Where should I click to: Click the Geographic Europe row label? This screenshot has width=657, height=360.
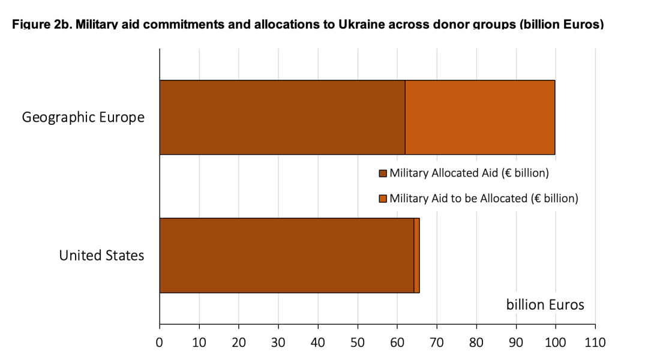[x=83, y=117]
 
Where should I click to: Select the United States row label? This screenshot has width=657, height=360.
[x=101, y=256]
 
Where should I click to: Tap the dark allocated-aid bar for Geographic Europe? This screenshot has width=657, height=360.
[x=282, y=117]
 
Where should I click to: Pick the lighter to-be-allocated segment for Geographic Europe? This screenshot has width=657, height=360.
[x=480, y=117]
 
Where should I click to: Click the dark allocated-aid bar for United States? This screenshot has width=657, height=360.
[x=286, y=256]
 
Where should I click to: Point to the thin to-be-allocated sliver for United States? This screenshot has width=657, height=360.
[x=416, y=256]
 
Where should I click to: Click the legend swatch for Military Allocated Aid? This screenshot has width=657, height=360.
[x=383, y=173]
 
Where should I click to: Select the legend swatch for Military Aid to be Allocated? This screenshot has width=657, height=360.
[x=383, y=199]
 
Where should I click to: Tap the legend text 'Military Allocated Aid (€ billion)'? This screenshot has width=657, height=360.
[x=469, y=173]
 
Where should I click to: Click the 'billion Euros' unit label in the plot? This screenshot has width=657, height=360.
[x=545, y=305]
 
